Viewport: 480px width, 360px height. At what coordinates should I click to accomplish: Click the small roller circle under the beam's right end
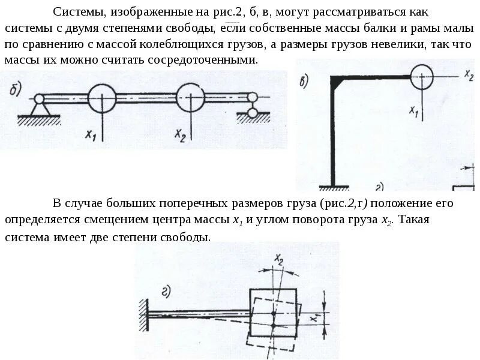click(x=253, y=112)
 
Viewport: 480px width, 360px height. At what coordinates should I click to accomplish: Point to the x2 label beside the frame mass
click(x=468, y=76)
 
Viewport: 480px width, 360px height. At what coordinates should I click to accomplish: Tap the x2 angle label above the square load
click(x=278, y=259)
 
